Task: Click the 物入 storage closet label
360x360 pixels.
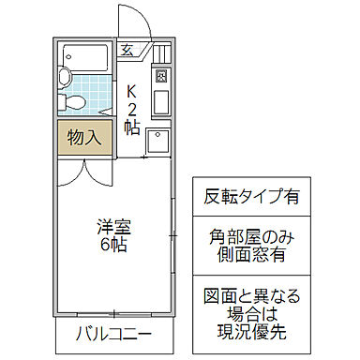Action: point(84,138)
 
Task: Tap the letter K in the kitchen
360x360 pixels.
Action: point(132,92)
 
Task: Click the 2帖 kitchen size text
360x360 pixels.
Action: point(132,117)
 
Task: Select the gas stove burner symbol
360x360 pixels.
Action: point(160,76)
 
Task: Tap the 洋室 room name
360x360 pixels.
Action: point(111,226)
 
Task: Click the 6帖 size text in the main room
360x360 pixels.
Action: point(111,245)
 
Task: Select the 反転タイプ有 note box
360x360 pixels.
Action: point(252,197)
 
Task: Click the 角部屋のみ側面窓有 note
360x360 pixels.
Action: point(252,246)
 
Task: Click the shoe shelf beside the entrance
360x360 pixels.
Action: point(160,53)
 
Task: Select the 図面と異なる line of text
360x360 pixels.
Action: point(252,296)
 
